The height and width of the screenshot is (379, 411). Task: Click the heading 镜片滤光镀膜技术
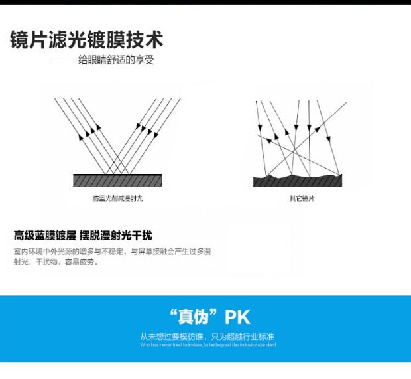pyautogui.click(x=86, y=39)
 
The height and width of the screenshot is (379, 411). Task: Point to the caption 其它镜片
pyautogui.click(x=297, y=198)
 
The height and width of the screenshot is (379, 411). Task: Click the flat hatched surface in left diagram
pyautogui.click(x=117, y=180)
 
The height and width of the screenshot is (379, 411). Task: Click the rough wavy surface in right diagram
pyautogui.click(x=297, y=180)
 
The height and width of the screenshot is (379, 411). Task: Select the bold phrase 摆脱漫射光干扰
pyautogui.click(x=115, y=236)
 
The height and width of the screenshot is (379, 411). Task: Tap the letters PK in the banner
pyautogui.click(x=238, y=316)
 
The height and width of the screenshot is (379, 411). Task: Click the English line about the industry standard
pyautogui.click(x=207, y=345)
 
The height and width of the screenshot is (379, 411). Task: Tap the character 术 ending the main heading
pyautogui.click(x=153, y=39)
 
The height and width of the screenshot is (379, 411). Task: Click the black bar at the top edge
pyautogui.click(x=206, y=2)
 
